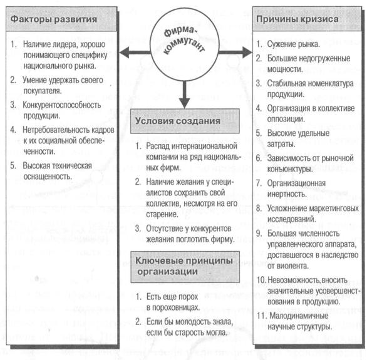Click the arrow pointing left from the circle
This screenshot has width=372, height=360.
point(135,53)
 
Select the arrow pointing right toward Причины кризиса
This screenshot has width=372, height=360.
point(235,52)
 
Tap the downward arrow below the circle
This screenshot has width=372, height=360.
point(185,95)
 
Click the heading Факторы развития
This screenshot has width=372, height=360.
point(54,19)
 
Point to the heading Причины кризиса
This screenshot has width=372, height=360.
point(297,19)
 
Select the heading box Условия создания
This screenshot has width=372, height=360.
point(185,121)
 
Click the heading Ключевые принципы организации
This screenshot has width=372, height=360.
point(185,267)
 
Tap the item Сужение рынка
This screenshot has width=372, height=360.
point(294,44)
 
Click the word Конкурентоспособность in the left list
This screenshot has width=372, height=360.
point(62,105)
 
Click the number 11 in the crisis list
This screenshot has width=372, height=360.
point(261,316)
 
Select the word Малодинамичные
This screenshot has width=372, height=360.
point(299,316)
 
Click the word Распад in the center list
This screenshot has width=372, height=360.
point(158,146)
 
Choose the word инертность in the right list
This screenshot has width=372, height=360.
point(287,194)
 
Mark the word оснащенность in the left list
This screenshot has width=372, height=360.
point(48,177)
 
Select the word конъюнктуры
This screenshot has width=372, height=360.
point(290,169)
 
